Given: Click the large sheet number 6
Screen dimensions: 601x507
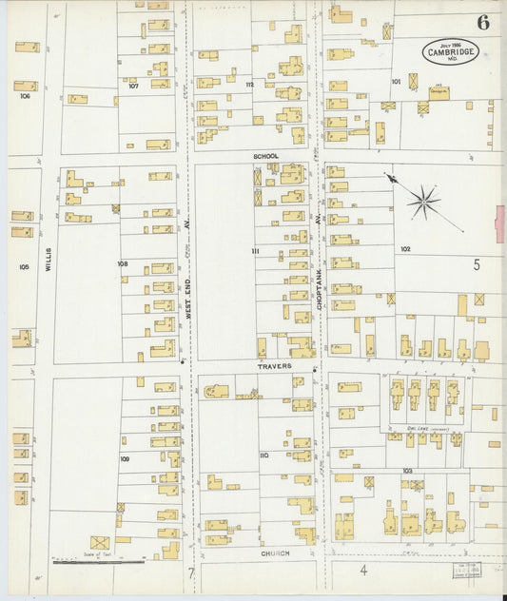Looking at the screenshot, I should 483,23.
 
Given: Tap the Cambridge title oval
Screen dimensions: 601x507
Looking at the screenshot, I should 450,51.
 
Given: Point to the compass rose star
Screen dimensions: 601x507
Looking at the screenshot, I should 423,201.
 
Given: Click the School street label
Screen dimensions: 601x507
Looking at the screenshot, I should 265,155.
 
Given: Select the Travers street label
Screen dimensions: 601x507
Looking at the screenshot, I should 272,365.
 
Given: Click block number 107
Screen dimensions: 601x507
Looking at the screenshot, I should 134,86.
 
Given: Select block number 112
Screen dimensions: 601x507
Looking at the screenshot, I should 249,85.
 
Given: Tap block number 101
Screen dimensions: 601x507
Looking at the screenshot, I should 395,82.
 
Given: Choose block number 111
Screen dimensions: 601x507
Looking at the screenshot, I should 255,250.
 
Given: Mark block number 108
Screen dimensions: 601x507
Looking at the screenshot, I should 122,263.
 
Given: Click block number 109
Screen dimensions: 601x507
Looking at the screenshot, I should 124,458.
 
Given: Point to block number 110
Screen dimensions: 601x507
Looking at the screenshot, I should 263,456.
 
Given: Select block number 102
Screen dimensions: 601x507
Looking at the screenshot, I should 405,249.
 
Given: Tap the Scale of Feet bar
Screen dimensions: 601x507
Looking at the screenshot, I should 98,562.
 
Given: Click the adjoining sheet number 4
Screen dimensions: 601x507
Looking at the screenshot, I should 362,571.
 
